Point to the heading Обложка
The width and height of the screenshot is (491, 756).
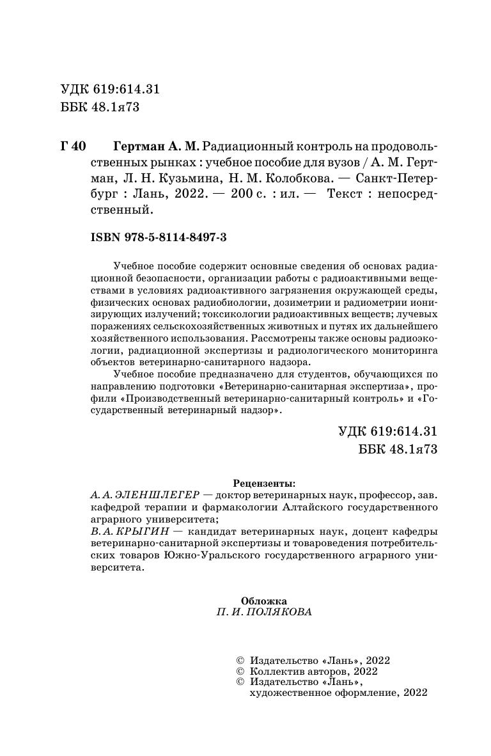click(x=264, y=601)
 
